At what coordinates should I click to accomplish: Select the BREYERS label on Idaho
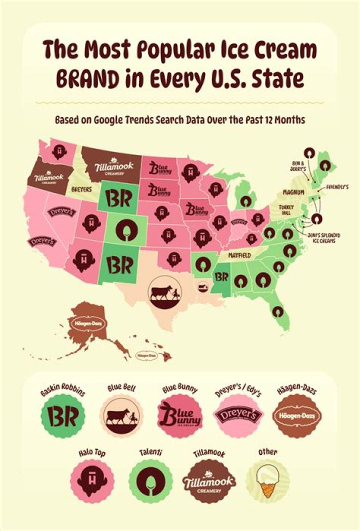tap(81, 190)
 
